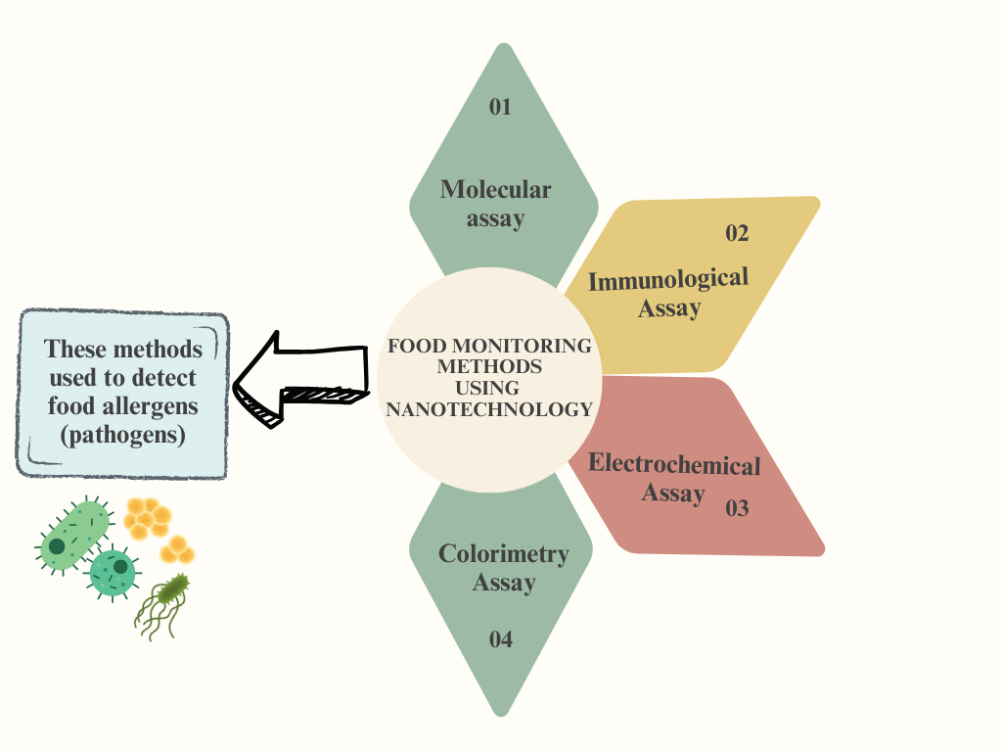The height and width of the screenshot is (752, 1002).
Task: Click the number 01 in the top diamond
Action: point(500,107)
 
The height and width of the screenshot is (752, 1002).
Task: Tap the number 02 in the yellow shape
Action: point(736,233)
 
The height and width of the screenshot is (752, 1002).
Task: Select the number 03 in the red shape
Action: point(736,508)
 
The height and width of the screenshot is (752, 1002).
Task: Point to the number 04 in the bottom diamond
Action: point(500,640)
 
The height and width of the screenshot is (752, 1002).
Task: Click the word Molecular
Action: point(495,189)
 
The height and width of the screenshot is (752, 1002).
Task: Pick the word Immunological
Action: point(667,279)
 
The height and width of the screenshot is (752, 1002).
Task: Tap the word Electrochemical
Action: point(673,464)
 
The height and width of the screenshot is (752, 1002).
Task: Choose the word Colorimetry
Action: point(503,553)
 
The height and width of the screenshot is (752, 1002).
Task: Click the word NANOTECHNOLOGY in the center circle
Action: point(489,409)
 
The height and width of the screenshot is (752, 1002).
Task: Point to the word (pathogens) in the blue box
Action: point(122,434)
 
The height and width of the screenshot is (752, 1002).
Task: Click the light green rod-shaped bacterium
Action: point(72,536)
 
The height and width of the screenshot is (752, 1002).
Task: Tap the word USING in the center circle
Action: point(488,388)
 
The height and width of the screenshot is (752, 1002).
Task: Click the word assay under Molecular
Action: point(495,218)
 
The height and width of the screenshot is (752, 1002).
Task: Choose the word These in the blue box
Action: point(76,350)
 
